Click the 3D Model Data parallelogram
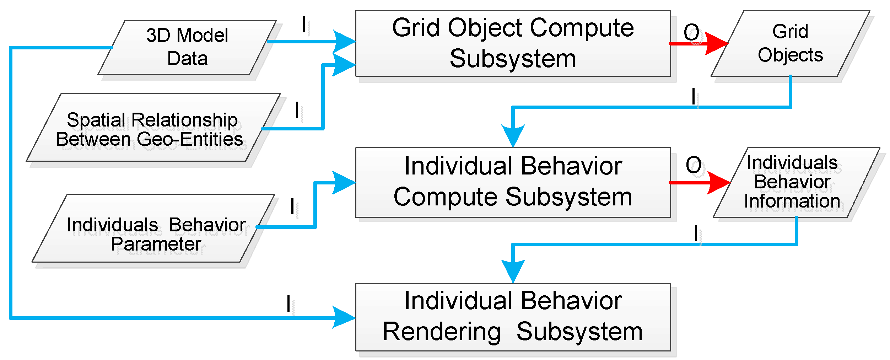[187, 47]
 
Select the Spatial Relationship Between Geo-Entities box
[153, 128]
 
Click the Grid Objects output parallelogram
[790, 43]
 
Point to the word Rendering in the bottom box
[442, 332]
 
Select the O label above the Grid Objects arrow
[691, 33]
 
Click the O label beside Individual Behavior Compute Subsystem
[694, 165]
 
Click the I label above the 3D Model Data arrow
[304, 25]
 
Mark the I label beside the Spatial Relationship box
[297, 110]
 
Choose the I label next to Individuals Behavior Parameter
[292, 206]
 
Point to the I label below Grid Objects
[694, 96]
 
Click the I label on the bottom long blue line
[288, 304]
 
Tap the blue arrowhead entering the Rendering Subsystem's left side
[343, 317]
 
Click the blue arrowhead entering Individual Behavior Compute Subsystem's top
[513, 135]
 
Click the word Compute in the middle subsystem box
[444, 197]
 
